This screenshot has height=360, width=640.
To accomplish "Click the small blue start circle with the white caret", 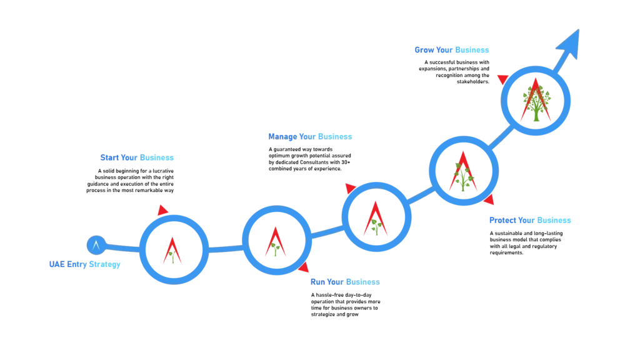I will (96, 245).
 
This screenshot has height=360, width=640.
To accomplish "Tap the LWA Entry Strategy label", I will (84, 265).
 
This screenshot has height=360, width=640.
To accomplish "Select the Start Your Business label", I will (137, 159).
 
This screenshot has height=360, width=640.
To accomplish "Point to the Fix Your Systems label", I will (345, 282).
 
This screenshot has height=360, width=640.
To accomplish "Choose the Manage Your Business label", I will (311, 136).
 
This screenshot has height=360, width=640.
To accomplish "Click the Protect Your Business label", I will (530, 220).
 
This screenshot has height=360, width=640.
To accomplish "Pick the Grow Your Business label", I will (451, 50).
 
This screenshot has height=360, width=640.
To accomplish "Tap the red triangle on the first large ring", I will (162, 210).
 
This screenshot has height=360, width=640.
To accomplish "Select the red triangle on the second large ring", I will (304, 268).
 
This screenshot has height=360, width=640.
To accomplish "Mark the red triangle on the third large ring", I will (350, 188).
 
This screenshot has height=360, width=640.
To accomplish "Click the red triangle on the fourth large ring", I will (489, 200).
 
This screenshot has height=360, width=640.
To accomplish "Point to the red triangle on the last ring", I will (503, 79).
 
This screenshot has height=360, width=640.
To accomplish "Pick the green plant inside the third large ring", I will (375, 225).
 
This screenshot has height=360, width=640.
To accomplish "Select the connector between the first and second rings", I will (225, 250).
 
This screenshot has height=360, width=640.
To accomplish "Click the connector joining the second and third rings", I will (326, 233).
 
